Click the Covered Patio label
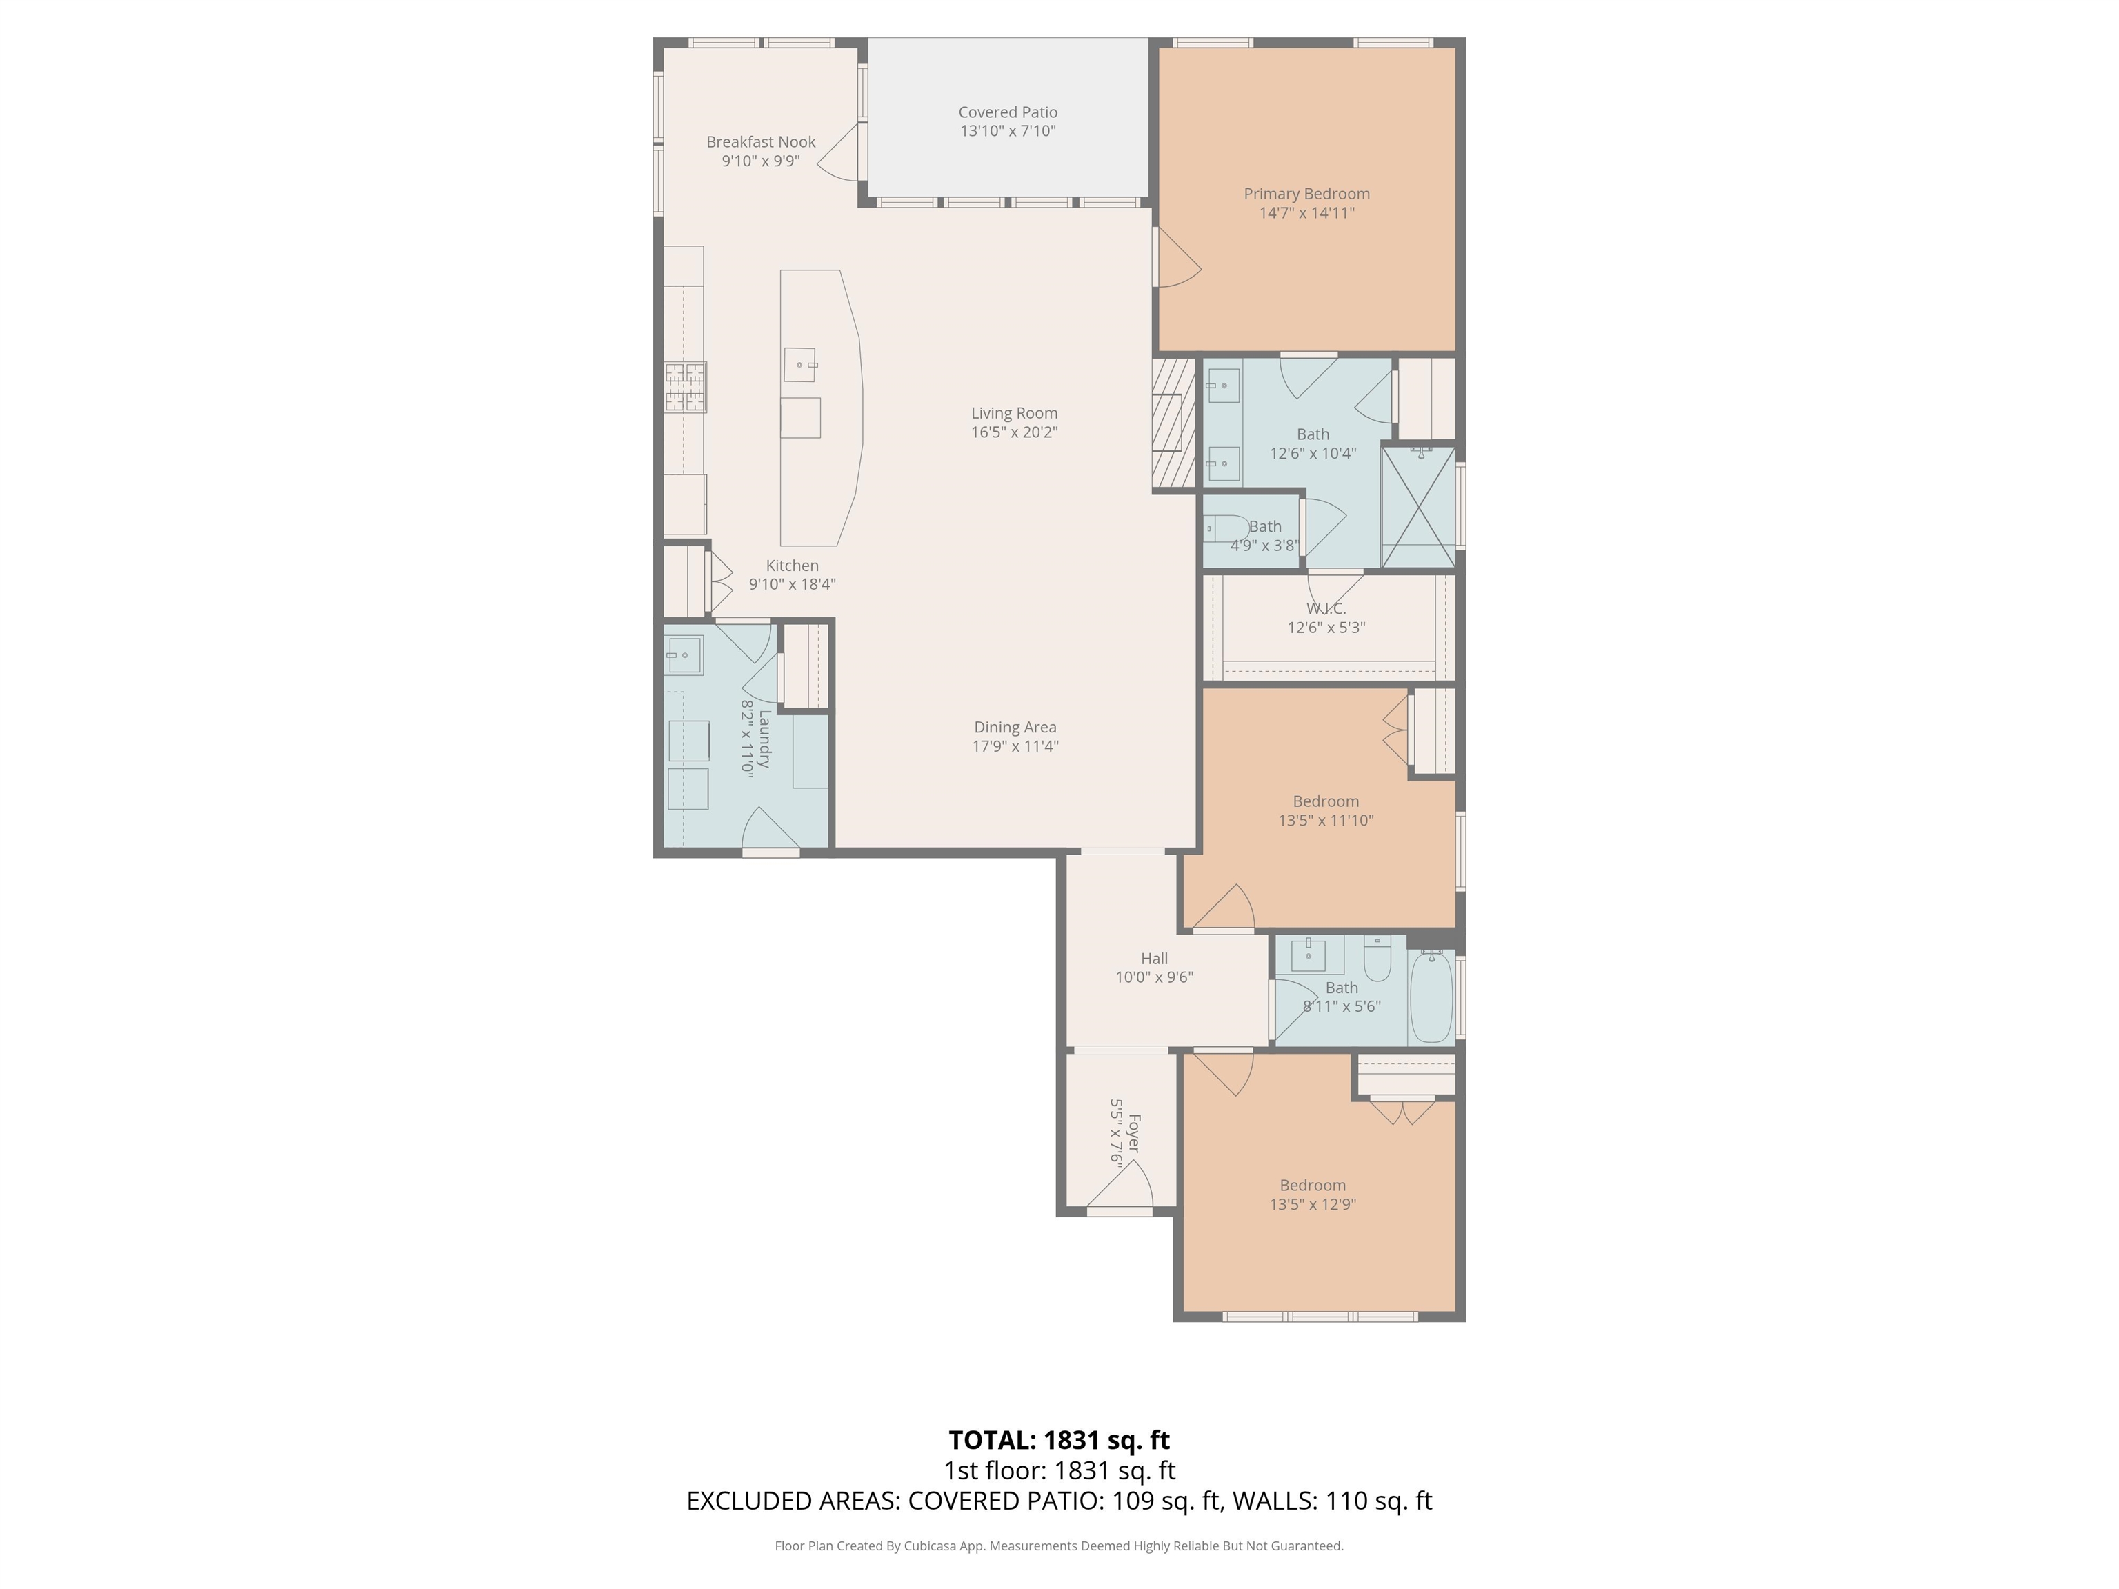[x=1008, y=112]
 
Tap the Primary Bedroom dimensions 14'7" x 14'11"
[x=1306, y=212]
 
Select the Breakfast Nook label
[x=761, y=142]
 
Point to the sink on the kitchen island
[x=800, y=364]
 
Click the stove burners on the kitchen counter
[x=686, y=387]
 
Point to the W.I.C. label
[x=1326, y=609]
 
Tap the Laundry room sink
[x=684, y=655]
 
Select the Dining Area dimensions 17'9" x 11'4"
[x=1015, y=746]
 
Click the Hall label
[x=1153, y=958]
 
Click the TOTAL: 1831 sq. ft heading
[x=1059, y=1439]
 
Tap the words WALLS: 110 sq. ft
[x=1331, y=1501]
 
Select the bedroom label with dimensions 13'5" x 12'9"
[x=1313, y=1185]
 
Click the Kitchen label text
[x=793, y=565]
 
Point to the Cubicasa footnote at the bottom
[x=1059, y=1545]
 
